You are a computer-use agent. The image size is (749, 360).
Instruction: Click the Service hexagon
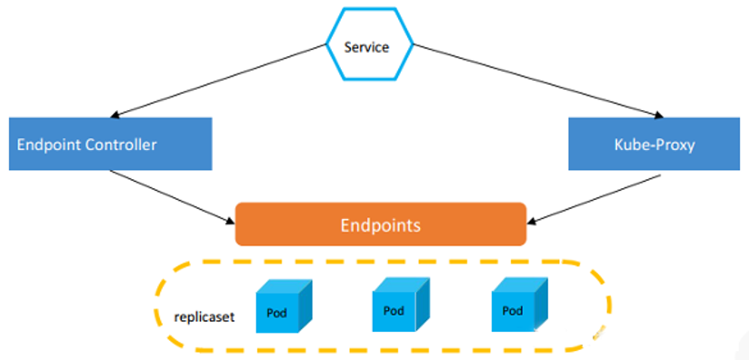pyautogui.click(x=369, y=44)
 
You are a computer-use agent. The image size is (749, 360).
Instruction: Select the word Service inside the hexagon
pyautogui.click(x=367, y=47)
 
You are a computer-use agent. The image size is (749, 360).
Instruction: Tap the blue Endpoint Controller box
pyautogui.click(x=110, y=144)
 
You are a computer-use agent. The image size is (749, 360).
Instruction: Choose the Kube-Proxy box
pyautogui.click(x=654, y=144)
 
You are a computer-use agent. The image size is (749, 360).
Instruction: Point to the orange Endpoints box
pyautogui.click(x=381, y=224)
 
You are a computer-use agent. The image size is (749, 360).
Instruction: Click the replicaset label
pyautogui.click(x=205, y=317)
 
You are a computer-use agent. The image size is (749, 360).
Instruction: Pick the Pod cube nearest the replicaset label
pyautogui.click(x=284, y=306)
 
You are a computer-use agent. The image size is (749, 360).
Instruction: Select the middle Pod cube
pyautogui.click(x=401, y=305)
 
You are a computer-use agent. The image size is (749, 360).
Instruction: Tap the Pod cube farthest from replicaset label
pyautogui.click(x=520, y=305)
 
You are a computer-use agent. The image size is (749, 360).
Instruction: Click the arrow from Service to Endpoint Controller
pyautogui.click(x=218, y=81)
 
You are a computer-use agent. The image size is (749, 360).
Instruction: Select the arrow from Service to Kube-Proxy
pyautogui.click(x=538, y=81)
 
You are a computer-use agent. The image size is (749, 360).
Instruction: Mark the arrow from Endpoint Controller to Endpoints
pyautogui.click(x=173, y=196)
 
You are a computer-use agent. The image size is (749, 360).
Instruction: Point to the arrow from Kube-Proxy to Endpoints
pyautogui.click(x=594, y=199)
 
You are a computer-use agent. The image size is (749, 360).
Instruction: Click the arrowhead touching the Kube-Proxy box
pyautogui.click(x=659, y=115)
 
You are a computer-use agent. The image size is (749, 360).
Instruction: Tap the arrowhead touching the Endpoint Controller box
pyautogui.click(x=115, y=115)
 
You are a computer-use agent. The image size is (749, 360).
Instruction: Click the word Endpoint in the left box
pyautogui.click(x=49, y=145)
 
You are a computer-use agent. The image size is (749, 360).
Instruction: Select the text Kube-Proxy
pyautogui.click(x=654, y=145)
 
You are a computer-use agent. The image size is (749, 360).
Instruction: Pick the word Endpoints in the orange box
pyautogui.click(x=381, y=225)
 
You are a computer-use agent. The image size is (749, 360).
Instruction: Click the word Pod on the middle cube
pyautogui.click(x=394, y=311)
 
